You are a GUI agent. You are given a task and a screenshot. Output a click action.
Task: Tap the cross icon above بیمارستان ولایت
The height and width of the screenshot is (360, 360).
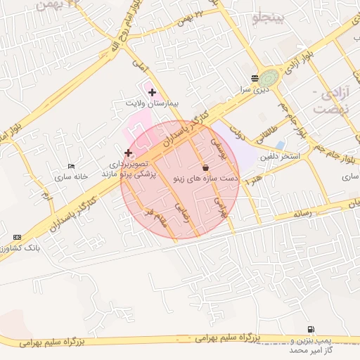click(x=152, y=92)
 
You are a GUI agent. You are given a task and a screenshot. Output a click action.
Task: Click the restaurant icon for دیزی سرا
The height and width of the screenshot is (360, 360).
click(x=254, y=78)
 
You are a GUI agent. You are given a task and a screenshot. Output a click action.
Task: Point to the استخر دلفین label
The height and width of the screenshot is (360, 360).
click(x=281, y=156)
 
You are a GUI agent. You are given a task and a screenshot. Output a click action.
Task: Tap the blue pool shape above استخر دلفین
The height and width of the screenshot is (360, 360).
click(x=281, y=145)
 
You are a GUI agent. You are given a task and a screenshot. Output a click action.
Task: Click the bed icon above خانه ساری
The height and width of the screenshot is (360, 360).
click(x=70, y=167)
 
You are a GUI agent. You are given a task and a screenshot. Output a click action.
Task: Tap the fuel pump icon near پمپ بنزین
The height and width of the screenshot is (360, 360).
click(x=311, y=329)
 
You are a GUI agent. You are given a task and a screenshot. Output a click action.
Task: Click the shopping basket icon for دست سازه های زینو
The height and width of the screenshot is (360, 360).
click(x=205, y=168)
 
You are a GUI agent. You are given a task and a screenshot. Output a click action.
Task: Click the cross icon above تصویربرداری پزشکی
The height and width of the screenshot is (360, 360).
click(x=128, y=153)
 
